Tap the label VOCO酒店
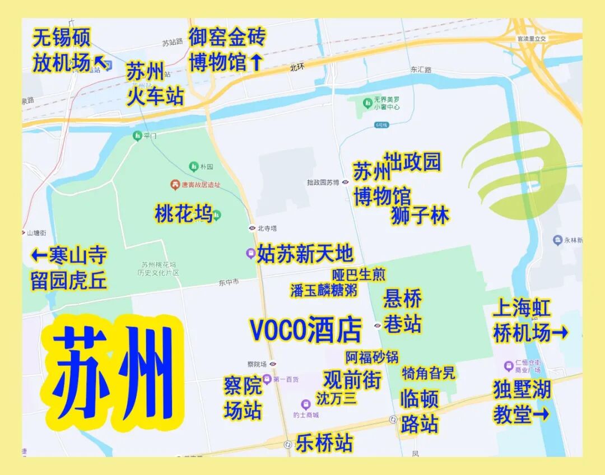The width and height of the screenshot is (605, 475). click(306, 330)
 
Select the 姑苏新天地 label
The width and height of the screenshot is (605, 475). click(305, 254)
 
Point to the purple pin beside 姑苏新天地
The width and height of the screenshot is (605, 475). click(251, 253)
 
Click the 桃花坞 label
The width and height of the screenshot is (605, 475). click(183, 213)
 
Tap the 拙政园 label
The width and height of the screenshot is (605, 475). click(412, 162)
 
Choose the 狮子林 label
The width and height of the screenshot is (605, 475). click(420, 215)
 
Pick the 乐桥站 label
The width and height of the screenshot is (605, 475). click(324, 443)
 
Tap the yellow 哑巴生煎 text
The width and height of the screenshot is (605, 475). click(359, 275)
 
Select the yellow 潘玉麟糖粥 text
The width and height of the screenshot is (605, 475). click(323, 290)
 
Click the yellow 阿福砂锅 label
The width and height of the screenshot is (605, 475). click(371, 357)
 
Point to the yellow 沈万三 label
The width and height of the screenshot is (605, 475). click(336, 398)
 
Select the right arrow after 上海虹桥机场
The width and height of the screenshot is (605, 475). click(560, 334)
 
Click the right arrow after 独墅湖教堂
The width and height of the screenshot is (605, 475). click(541, 415)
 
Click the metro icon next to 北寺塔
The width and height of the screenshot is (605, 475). click(252, 228)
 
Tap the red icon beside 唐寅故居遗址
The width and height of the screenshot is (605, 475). click(175, 184)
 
